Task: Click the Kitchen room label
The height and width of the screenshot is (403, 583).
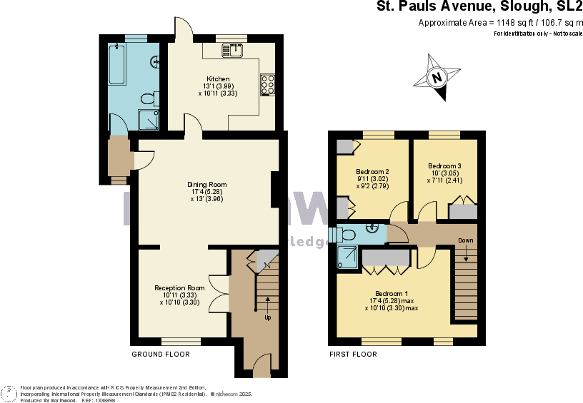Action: (218, 78)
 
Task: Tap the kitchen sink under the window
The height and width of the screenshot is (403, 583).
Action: (232, 49)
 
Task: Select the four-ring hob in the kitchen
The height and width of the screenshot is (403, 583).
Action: (268, 84)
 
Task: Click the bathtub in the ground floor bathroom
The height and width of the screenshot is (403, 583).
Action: (118, 65)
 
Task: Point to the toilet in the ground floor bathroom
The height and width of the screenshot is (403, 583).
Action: (149, 98)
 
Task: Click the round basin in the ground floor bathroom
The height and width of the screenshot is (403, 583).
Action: (155, 62)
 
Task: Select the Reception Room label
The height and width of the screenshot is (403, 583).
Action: (179, 288)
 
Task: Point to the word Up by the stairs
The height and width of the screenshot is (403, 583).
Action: (267, 317)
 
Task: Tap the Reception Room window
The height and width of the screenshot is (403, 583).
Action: (180, 342)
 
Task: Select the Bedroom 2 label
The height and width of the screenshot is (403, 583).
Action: (372, 171)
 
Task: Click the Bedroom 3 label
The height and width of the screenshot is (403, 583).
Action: (444, 166)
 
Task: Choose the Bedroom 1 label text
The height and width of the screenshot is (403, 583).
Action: (392, 293)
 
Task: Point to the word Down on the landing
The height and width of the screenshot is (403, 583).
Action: (465, 240)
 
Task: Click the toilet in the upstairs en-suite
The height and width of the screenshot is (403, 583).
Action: (347, 234)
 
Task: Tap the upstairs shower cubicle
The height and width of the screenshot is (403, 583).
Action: (348, 257)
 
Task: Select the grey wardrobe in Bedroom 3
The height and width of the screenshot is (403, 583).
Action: (463, 211)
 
